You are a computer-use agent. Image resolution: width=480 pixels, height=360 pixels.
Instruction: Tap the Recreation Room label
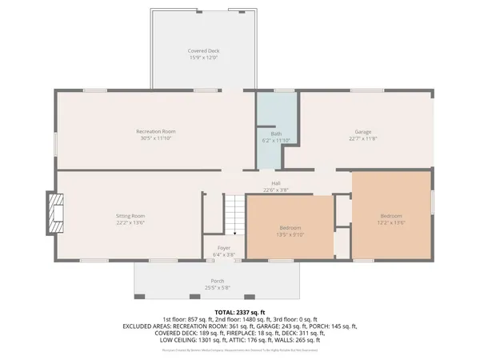[155, 131]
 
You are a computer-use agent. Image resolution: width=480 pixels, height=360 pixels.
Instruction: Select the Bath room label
[277, 134]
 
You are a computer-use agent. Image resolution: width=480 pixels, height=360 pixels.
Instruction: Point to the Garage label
[363, 132]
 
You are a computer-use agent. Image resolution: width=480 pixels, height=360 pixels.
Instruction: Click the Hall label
[275, 183]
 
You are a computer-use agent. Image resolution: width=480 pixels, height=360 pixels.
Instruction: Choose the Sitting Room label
[130, 215]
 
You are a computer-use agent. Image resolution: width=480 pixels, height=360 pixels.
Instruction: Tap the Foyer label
[224, 248]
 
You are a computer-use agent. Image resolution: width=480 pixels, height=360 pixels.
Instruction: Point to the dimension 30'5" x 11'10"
[155, 138]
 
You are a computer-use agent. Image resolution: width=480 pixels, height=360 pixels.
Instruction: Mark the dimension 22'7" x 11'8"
[363, 139]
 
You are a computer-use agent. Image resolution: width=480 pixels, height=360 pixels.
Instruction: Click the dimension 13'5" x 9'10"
[290, 235]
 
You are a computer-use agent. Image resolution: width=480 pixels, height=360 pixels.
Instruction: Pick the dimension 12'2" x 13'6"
[391, 223]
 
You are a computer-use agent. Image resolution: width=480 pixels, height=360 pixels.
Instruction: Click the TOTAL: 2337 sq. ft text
[240, 311]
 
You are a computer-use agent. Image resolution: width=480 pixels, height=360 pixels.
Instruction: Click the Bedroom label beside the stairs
[290, 228]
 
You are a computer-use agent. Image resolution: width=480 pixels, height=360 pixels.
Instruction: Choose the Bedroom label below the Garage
[391, 216]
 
